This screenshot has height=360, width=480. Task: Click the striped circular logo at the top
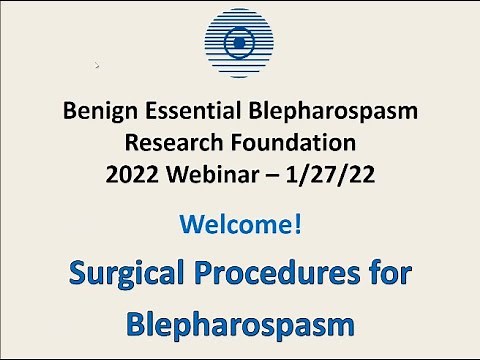point(240,43)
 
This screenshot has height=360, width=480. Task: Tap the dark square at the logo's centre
point(240,43)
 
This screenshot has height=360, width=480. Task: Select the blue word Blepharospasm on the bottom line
point(240,326)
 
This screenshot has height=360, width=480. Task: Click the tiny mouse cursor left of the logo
point(97,66)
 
